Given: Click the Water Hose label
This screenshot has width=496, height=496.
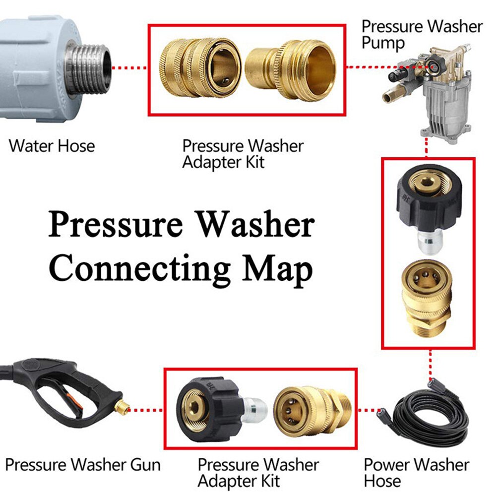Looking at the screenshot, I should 52,146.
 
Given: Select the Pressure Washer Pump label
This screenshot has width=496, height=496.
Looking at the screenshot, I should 422,34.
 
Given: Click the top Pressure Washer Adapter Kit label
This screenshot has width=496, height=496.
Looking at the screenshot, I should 243,153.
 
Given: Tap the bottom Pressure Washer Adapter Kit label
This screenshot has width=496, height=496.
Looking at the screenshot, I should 258,472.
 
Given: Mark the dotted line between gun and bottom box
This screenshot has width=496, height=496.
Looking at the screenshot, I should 147,410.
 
